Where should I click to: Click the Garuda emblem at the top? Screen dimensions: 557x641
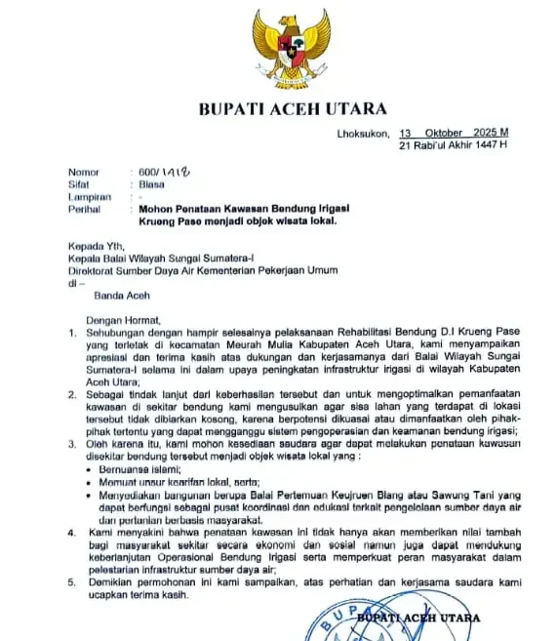tap(291, 48)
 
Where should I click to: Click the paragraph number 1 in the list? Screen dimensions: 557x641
tap(70, 332)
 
